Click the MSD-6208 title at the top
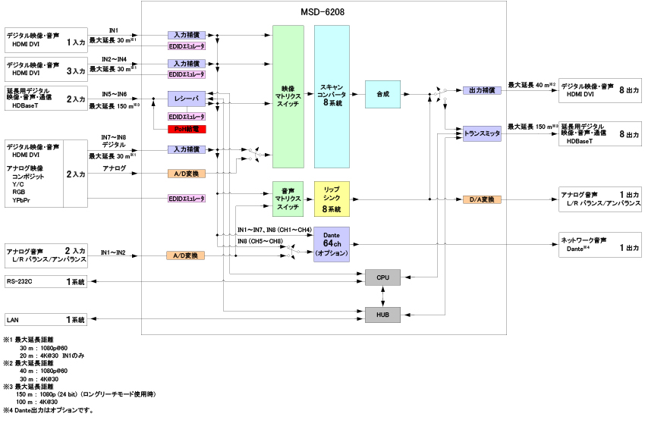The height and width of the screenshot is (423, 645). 323,11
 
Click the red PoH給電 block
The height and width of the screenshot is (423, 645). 187,129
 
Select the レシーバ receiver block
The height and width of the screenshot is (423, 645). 187,99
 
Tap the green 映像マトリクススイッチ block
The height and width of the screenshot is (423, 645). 288,97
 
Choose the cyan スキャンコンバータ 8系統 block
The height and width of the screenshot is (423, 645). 332,97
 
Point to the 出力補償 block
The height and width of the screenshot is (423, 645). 483,90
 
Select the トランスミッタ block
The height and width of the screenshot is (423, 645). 483,133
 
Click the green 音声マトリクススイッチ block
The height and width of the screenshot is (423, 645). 288,199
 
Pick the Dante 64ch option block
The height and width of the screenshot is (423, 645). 332,244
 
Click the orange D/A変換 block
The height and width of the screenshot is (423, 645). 483,199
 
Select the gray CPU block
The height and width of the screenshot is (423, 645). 382,279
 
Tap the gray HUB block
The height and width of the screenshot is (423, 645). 382,312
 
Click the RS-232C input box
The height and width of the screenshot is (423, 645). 46,282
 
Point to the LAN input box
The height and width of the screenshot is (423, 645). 46,320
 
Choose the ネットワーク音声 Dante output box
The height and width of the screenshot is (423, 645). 599,242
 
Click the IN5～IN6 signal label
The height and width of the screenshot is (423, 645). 114,95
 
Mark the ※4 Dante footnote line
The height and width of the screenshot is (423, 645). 49,410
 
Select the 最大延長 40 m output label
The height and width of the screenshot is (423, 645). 531,85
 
